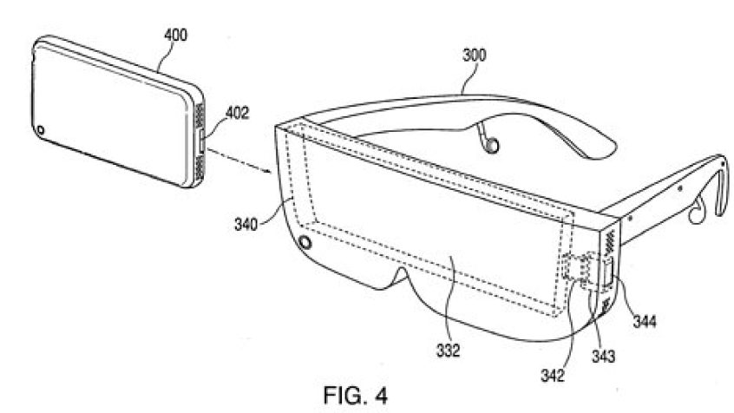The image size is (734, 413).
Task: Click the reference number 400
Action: [x=175, y=35]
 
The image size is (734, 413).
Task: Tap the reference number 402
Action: [x=238, y=113]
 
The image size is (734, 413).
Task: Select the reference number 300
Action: [x=475, y=55]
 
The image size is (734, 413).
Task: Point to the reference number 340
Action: [x=246, y=225]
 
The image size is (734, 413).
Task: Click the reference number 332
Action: [x=448, y=350]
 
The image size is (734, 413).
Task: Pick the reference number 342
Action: [x=553, y=376]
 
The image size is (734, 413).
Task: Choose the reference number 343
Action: [x=603, y=357]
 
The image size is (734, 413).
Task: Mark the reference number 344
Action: [x=645, y=322]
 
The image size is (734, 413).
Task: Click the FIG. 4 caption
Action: [x=356, y=396]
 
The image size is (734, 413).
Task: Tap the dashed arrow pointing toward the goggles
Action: [x=239, y=161]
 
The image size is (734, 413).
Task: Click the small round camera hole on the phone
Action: [x=40, y=129]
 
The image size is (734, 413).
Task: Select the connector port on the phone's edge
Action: [x=201, y=142]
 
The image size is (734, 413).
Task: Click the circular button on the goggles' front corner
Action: [x=305, y=243]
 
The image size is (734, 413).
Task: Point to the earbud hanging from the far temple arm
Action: [x=490, y=147]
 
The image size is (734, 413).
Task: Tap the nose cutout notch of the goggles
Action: [x=399, y=275]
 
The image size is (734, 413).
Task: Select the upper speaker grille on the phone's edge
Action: [x=200, y=115]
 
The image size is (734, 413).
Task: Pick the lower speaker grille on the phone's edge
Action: [x=200, y=167]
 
